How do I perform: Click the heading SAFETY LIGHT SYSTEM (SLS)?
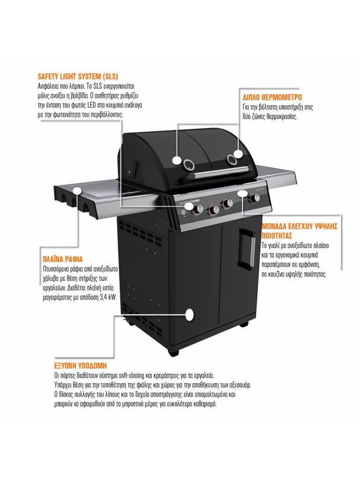[78, 76]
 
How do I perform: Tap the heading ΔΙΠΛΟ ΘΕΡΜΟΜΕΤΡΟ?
[272, 97]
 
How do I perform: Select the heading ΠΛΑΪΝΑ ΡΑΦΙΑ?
[63, 260]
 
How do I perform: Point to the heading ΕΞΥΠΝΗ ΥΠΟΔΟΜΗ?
[81, 366]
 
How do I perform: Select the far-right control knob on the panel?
[254, 198]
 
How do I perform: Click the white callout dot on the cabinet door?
[190, 315]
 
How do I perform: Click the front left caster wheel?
[173, 352]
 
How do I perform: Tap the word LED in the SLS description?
[91, 105]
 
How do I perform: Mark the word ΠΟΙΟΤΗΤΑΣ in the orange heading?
[277, 236]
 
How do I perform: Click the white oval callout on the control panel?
[242, 194]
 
